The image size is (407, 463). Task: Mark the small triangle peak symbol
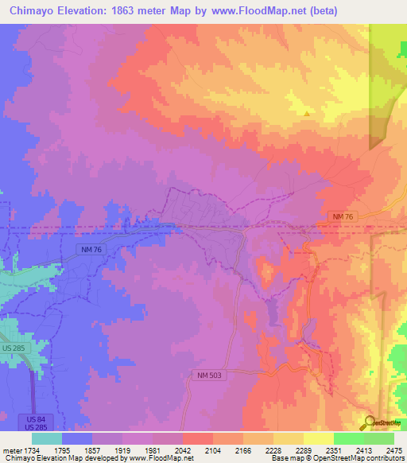[x=307, y=113]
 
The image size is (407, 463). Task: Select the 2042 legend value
[x=183, y=450]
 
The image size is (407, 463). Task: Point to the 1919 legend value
[x=107, y=450]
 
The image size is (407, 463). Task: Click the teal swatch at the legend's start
[x=47, y=438]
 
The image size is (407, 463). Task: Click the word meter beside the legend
[x=14, y=450]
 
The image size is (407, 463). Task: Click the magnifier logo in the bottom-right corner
[x=370, y=422]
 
